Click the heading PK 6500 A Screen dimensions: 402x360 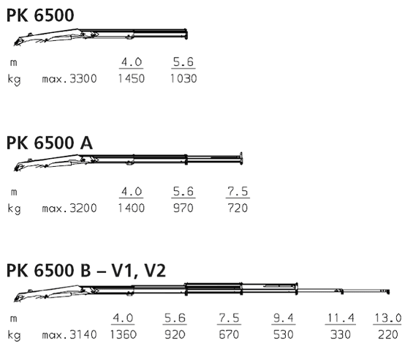coord(50,143)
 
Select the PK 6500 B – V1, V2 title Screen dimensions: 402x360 coord(86,271)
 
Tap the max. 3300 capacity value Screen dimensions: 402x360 coord(69,78)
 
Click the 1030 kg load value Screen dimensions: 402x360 coord(183,78)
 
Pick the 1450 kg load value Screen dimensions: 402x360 coord(132,78)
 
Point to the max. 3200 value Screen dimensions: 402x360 coord(69,208)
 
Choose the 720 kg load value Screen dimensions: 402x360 coord(238,208)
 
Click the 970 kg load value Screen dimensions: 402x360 coord(183,208)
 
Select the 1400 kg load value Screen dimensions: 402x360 coord(132,208)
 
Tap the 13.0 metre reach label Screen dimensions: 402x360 coord(388,318)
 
